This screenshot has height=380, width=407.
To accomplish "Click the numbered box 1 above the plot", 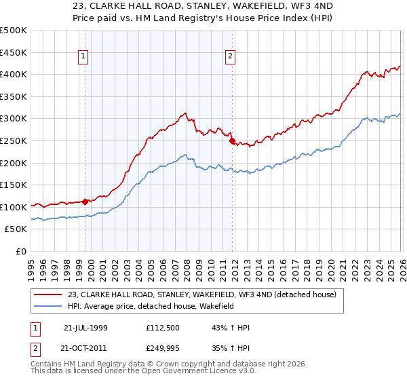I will (x=84, y=57).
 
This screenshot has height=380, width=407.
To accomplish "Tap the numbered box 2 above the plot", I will (x=231, y=57).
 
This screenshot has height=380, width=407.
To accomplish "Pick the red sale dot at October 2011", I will (x=232, y=141).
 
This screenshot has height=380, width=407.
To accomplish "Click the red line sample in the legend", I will (x=48, y=294).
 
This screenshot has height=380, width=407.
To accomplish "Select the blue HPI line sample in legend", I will (x=48, y=306).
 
